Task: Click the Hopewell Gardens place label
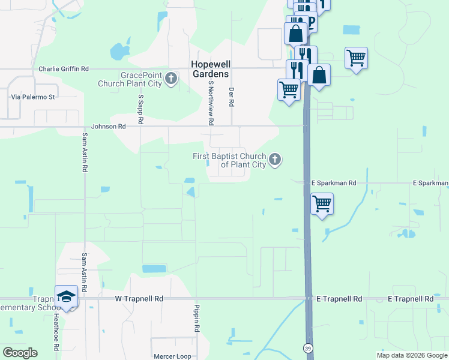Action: pyautogui.click(x=209, y=68)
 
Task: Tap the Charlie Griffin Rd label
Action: pyautogui.click(x=64, y=68)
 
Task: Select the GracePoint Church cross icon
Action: pyautogui.click(x=171, y=79)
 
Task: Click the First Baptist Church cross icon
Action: pyautogui.click(x=275, y=160)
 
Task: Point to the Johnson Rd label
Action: pyautogui.click(x=109, y=127)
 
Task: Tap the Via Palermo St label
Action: pyautogui.click(x=33, y=96)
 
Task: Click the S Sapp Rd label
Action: pyautogui.click(x=140, y=109)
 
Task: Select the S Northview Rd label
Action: pyautogui.click(x=211, y=103)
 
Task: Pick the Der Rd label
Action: pyautogui.click(x=231, y=97)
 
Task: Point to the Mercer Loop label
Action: pyautogui.click(x=172, y=356)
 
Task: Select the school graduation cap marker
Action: pyautogui.click(x=66, y=296)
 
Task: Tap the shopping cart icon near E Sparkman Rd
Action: pyautogui.click(x=322, y=203)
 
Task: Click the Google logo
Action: pyautogui.click(x=20, y=353)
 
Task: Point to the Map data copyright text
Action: pyautogui.click(x=412, y=355)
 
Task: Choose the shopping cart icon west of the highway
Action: pyautogui.click(x=289, y=89)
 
